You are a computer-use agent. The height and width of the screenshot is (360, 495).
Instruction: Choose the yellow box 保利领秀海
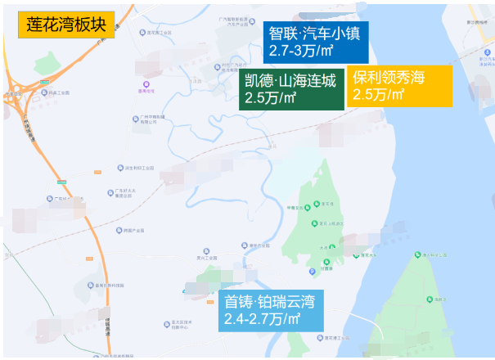[x=389, y=78]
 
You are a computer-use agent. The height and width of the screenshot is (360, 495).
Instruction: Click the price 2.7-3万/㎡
[x=301, y=51]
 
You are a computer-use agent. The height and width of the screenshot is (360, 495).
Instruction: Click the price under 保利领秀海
[x=379, y=95]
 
